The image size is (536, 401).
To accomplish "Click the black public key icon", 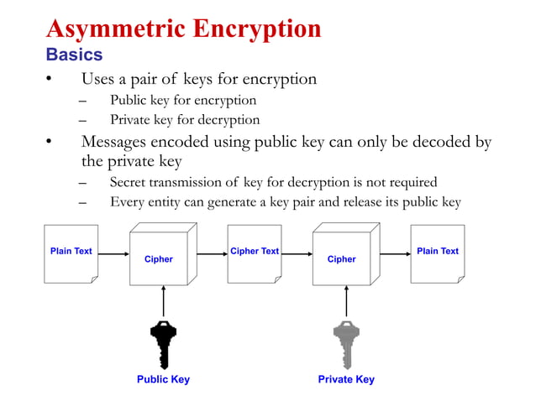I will pos(163,343).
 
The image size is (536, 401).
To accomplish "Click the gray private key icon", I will pos(345,343).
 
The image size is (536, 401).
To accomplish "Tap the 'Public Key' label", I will pos(163,379).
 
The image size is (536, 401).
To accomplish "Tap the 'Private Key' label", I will pos(346,379).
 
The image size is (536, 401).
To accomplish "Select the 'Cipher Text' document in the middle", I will pos(255,253).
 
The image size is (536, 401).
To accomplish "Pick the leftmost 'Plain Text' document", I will pos(71,253).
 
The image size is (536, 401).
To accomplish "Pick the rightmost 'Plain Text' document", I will pos(437,253).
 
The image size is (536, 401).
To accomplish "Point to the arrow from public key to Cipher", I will pos(163,302).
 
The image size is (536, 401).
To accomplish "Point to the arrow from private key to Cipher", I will pos(345,302).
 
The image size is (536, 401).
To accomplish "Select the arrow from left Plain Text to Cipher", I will pos(113,253).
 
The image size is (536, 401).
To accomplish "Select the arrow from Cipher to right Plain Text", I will pos(394,253).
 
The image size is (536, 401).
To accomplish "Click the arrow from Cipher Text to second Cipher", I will pos(297,253).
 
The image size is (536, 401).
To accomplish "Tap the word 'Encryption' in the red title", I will pos(257,29).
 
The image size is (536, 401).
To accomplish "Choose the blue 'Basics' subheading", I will pos(74,55).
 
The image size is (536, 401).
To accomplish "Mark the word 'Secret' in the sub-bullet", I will pos(129,182).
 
